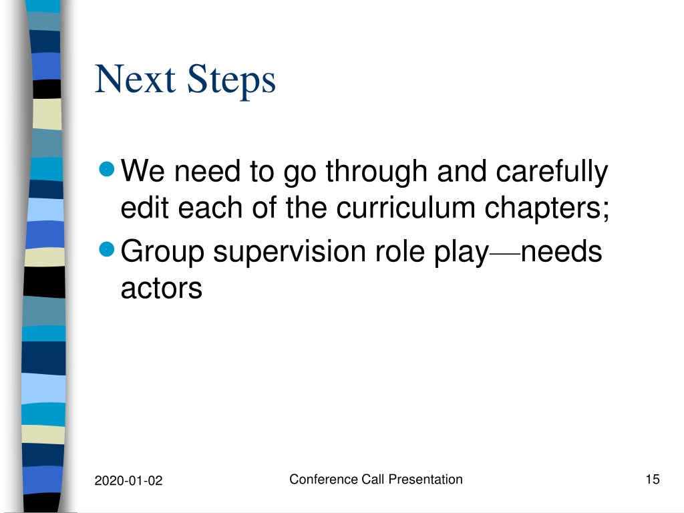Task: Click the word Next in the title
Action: tap(135, 79)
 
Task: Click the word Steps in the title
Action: tap(231, 81)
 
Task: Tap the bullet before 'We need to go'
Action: tap(107, 169)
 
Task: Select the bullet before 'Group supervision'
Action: tap(107, 250)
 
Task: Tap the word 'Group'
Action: tap(162, 252)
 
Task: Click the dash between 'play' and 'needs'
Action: tap(505, 253)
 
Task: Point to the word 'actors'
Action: tap(162, 289)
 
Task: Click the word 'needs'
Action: tap(561, 251)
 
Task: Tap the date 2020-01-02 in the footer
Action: tap(128, 481)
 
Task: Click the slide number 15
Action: tap(653, 480)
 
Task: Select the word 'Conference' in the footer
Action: tap(324, 480)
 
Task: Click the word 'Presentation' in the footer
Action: tap(425, 480)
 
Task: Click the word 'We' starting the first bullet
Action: tap(143, 170)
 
